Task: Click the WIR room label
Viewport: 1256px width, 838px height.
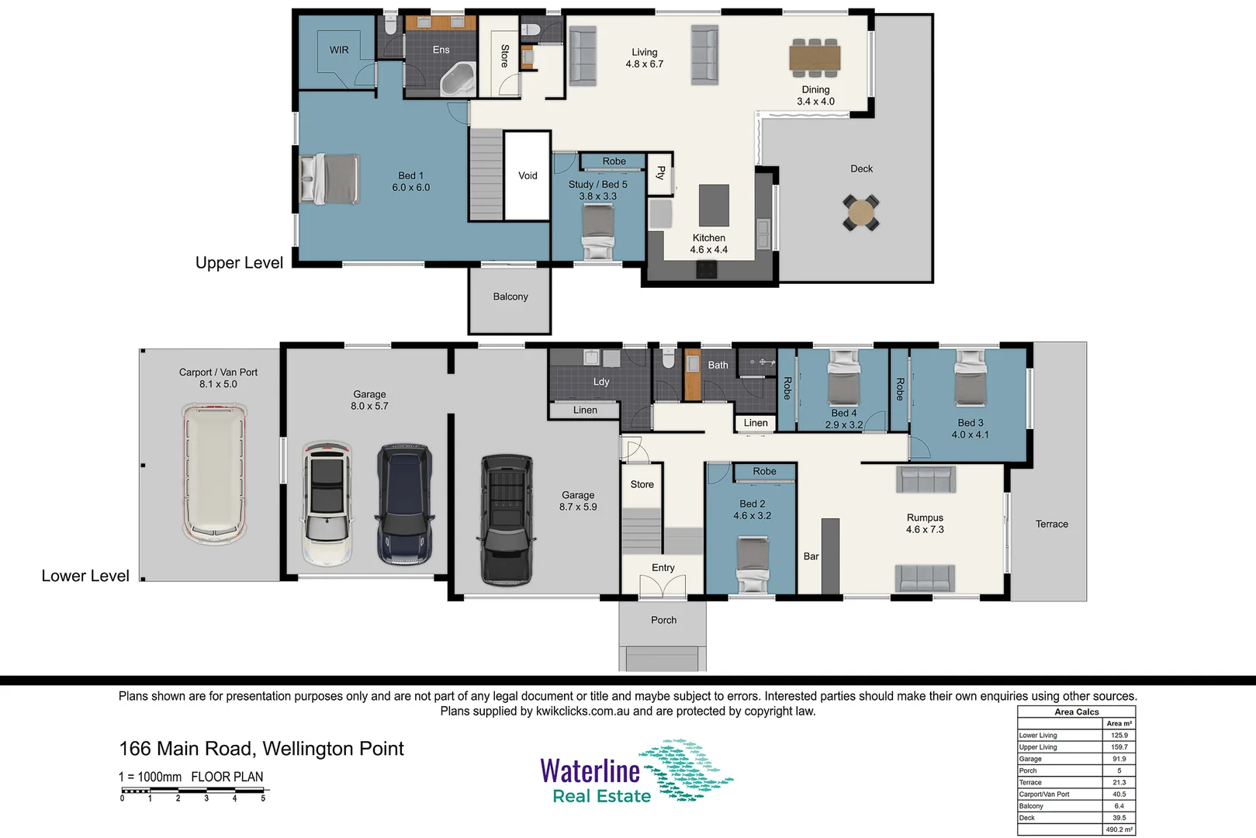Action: pos(339,50)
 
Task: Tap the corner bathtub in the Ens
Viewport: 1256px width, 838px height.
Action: pos(458,81)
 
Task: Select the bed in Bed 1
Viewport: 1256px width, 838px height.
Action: pos(330,178)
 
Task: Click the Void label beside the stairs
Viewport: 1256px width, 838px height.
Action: pos(528,176)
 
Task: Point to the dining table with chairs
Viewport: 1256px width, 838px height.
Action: pos(815,58)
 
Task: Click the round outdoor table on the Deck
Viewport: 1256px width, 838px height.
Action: pos(861,212)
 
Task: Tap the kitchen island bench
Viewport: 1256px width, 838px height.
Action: pos(714,205)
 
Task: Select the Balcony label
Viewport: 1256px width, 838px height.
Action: pos(510,296)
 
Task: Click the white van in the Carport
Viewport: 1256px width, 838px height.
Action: pos(214,473)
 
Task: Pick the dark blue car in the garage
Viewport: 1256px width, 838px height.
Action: pos(404,504)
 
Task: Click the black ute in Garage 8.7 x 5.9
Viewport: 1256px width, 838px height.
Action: pos(507,518)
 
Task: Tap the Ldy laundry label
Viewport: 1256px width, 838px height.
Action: pos(601,382)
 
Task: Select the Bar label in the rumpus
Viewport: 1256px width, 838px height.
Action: pos(811,556)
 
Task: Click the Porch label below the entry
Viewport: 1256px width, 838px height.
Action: pos(663,620)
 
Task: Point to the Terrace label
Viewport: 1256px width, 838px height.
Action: pos(1051,524)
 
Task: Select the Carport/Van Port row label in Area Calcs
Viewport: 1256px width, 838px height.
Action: pos(1044,795)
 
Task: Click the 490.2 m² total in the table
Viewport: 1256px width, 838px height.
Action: pos(1119,829)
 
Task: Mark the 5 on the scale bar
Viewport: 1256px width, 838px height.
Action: pos(263,798)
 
